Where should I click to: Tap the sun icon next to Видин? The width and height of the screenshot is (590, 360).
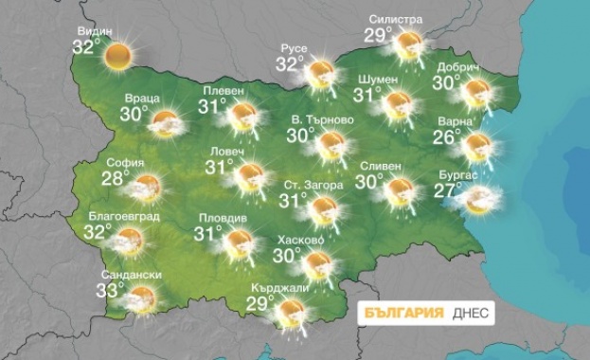tap(118, 55)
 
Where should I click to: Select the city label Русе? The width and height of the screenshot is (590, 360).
tap(299, 48)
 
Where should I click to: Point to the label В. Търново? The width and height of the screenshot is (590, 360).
tap(322, 120)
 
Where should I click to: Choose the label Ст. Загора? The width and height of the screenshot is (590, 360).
tap(313, 185)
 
